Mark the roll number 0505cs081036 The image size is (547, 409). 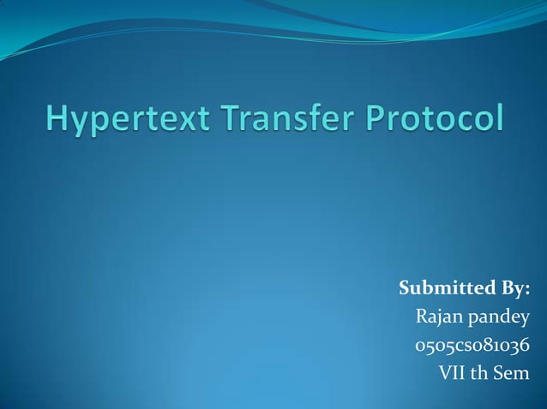(x=472, y=347)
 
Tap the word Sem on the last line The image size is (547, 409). (x=514, y=373)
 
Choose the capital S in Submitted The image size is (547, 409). (x=406, y=288)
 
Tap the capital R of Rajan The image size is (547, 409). (x=422, y=318)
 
